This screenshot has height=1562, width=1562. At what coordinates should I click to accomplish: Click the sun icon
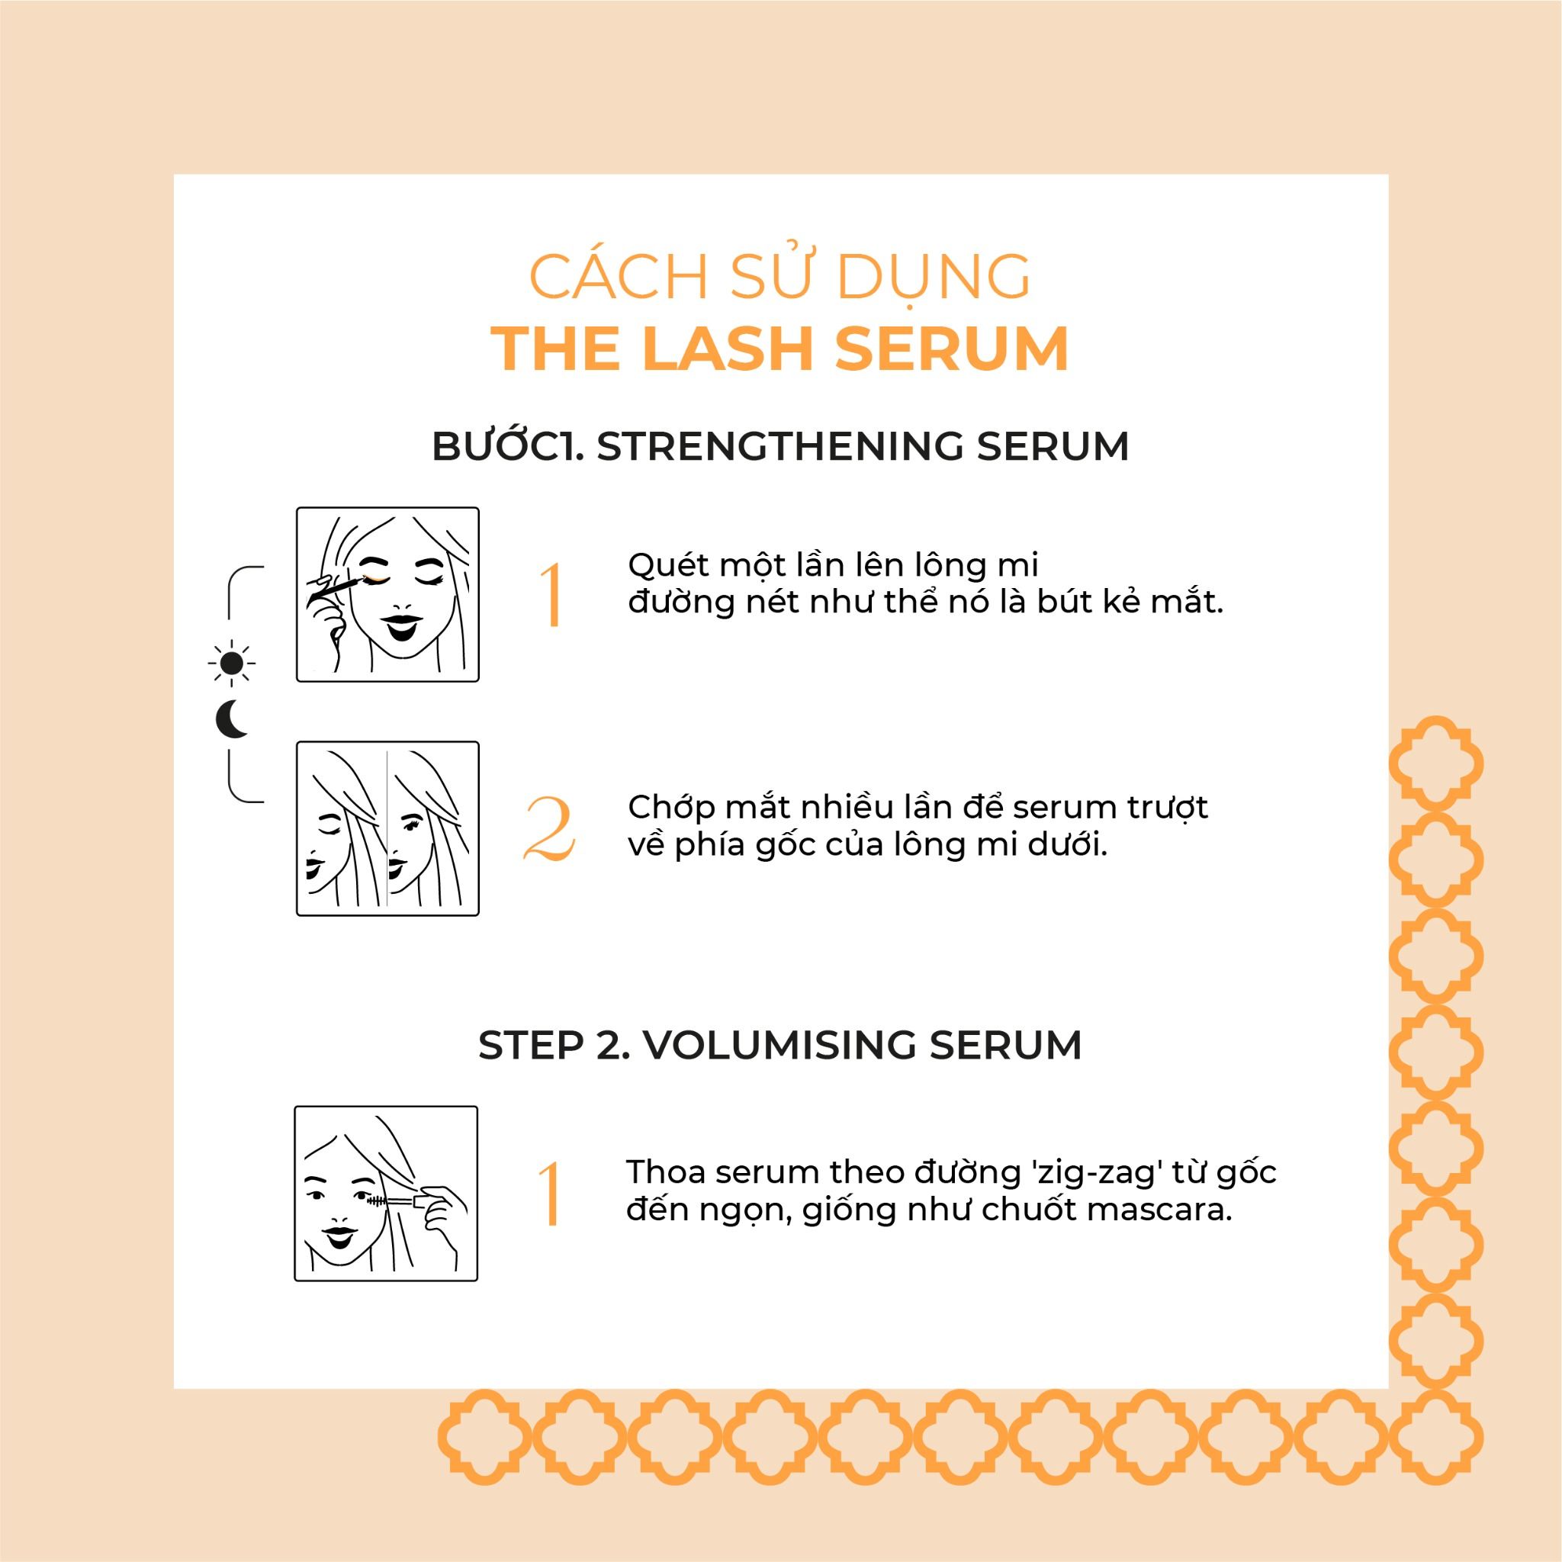pos(232,663)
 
